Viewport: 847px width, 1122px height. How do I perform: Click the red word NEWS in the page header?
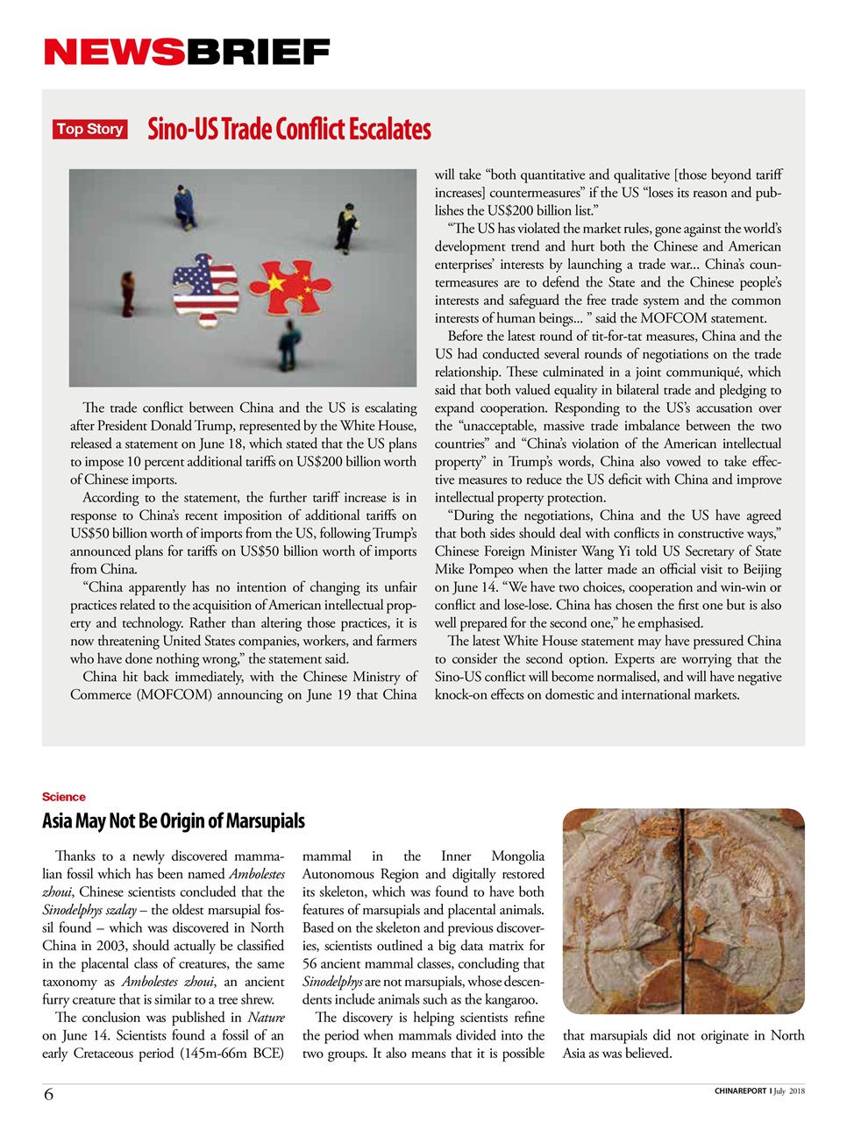(x=114, y=53)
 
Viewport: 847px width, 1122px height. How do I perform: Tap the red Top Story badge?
(x=89, y=129)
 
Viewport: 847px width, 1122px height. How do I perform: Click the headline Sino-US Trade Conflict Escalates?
(x=288, y=129)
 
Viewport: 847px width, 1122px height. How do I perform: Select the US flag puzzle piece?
(x=205, y=288)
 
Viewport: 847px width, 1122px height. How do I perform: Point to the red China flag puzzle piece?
(x=290, y=286)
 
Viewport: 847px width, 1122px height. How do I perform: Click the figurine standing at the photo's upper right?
(x=347, y=227)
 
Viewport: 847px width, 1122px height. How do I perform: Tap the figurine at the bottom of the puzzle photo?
(x=288, y=344)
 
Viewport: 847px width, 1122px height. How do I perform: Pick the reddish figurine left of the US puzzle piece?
(x=128, y=294)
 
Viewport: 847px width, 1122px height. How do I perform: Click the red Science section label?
(x=63, y=797)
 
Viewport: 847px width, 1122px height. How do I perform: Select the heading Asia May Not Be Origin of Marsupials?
(x=174, y=821)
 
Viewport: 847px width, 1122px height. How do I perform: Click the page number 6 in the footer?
(x=48, y=1094)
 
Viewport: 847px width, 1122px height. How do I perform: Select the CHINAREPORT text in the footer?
(x=740, y=1091)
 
